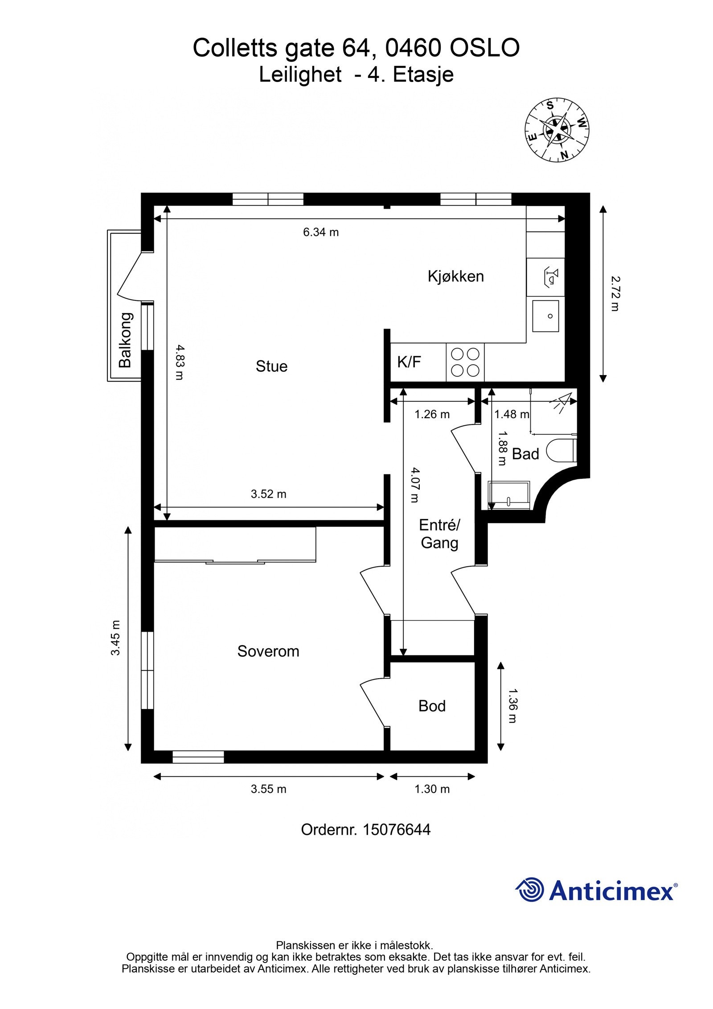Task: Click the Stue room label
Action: click(271, 366)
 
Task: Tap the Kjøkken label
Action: click(455, 276)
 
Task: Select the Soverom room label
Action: click(268, 651)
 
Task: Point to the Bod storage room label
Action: click(431, 706)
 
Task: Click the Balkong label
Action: click(126, 340)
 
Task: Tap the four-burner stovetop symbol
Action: click(465, 362)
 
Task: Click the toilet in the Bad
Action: click(561, 451)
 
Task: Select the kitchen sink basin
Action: click(546, 316)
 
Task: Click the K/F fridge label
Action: click(409, 362)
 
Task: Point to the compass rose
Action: click(557, 130)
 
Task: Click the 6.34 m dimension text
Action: click(321, 232)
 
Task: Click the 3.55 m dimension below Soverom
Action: click(268, 789)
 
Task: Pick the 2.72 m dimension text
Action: click(615, 293)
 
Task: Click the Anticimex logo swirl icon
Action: click(530, 890)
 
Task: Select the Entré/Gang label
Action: click(439, 534)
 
